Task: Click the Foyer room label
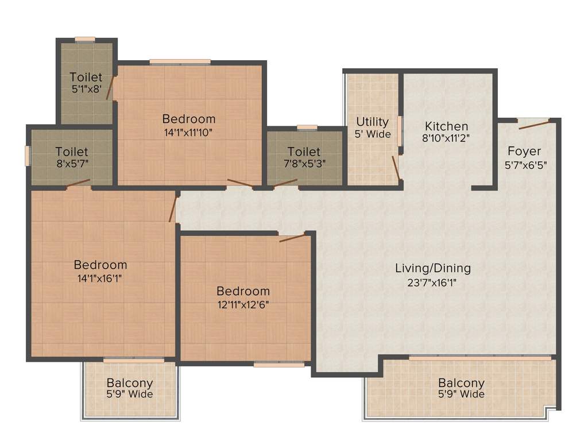point(524,152)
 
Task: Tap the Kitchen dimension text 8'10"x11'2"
point(446,139)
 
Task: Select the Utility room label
point(372,122)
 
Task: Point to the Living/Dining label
point(433,268)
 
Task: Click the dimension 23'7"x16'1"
point(433,282)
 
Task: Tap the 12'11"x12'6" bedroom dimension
point(243,305)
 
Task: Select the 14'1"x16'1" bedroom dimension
point(100,278)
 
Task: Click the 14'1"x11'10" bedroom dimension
point(189,133)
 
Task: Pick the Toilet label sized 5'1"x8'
point(86,77)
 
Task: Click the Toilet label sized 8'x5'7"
point(72,152)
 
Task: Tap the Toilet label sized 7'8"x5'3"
point(304,152)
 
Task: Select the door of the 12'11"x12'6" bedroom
point(292,238)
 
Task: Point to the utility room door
point(396,167)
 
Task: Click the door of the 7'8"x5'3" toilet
point(285,184)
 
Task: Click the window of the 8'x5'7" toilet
point(28,156)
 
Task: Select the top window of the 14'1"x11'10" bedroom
point(180,61)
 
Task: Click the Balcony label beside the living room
point(461,383)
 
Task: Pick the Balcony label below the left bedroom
point(130,383)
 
